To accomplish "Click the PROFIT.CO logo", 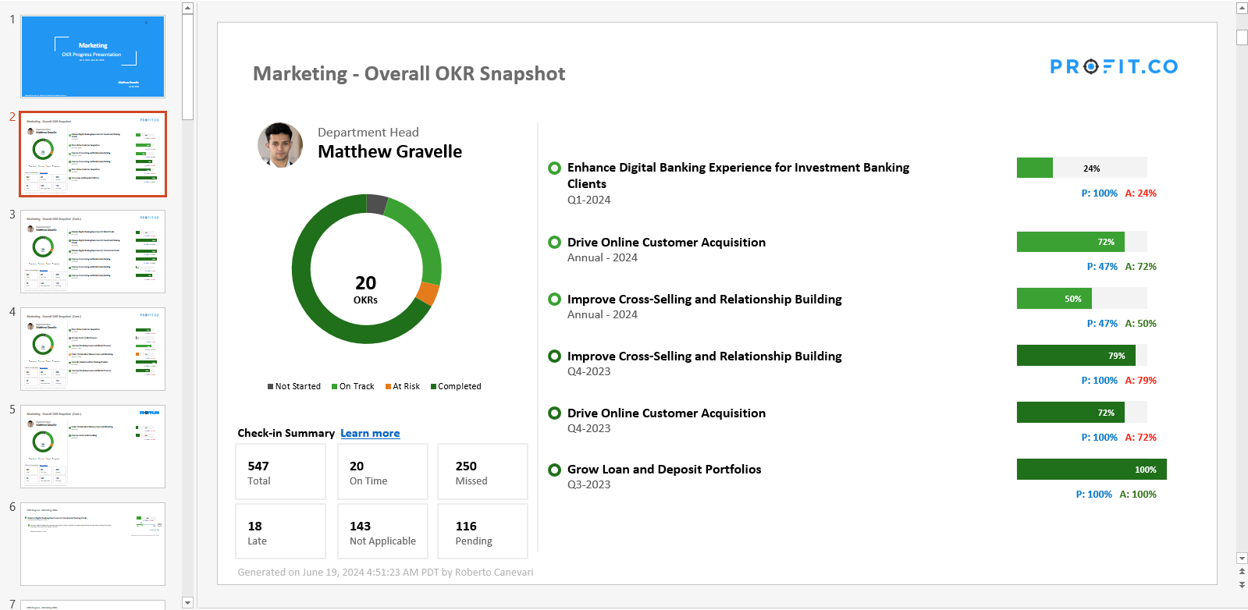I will (x=1114, y=66).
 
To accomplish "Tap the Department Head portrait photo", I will (x=280, y=145).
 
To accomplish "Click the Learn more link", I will (x=370, y=434).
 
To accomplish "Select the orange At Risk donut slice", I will (x=428, y=293).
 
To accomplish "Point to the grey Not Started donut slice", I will (x=376, y=204).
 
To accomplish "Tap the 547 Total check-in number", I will (x=258, y=466).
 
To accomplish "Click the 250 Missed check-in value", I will (x=466, y=466).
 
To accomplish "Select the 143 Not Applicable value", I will (x=360, y=527).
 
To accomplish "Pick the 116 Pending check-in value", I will (x=466, y=527).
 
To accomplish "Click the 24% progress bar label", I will (x=1091, y=168).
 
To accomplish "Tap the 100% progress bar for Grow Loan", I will (x=1091, y=470).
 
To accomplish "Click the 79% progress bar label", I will (x=1116, y=356).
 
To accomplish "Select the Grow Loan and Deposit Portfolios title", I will (x=664, y=470).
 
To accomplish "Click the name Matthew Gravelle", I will (x=389, y=152).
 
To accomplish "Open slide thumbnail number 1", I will (x=93, y=57).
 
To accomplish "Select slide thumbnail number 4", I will (x=93, y=349).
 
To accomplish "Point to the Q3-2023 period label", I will (x=588, y=485).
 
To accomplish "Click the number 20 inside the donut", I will (x=365, y=283).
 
